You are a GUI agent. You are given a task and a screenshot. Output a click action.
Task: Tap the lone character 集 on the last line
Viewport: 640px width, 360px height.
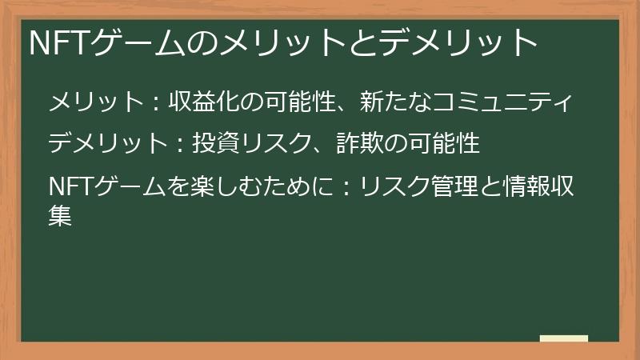click(61, 215)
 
